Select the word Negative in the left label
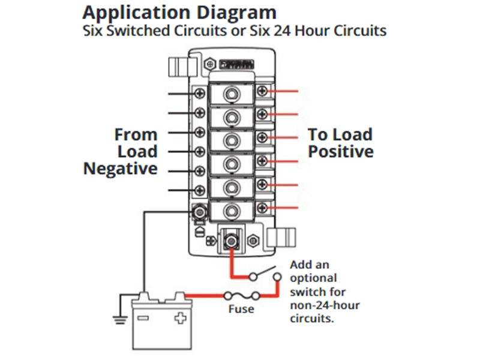pyautogui.click(x=120, y=169)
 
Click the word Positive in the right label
pyautogui.click(x=341, y=151)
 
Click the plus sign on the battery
pyautogui.click(x=179, y=318)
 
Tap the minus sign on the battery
pyautogui.click(x=144, y=318)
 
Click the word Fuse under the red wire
pyautogui.click(x=241, y=310)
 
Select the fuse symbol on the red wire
pyautogui.click(x=241, y=295)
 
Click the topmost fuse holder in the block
pyautogui.click(x=230, y=94)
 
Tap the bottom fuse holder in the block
pyautogui.click(x=230, y=209)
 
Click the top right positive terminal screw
pyautogui.click(x=262, y=91)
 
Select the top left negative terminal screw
pyautogui.click(x=200, y=93)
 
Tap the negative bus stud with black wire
pyautogui.click(x=200, y=211)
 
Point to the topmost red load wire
pyautogui.click(x=284, y=91)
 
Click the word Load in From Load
pyautogui.click(x=137, y=151)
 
